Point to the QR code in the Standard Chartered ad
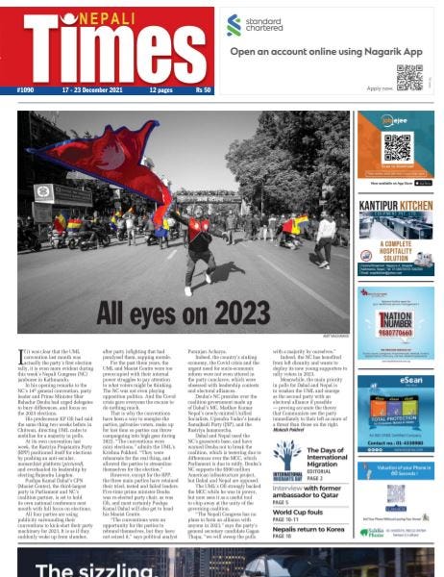(409, 78)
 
